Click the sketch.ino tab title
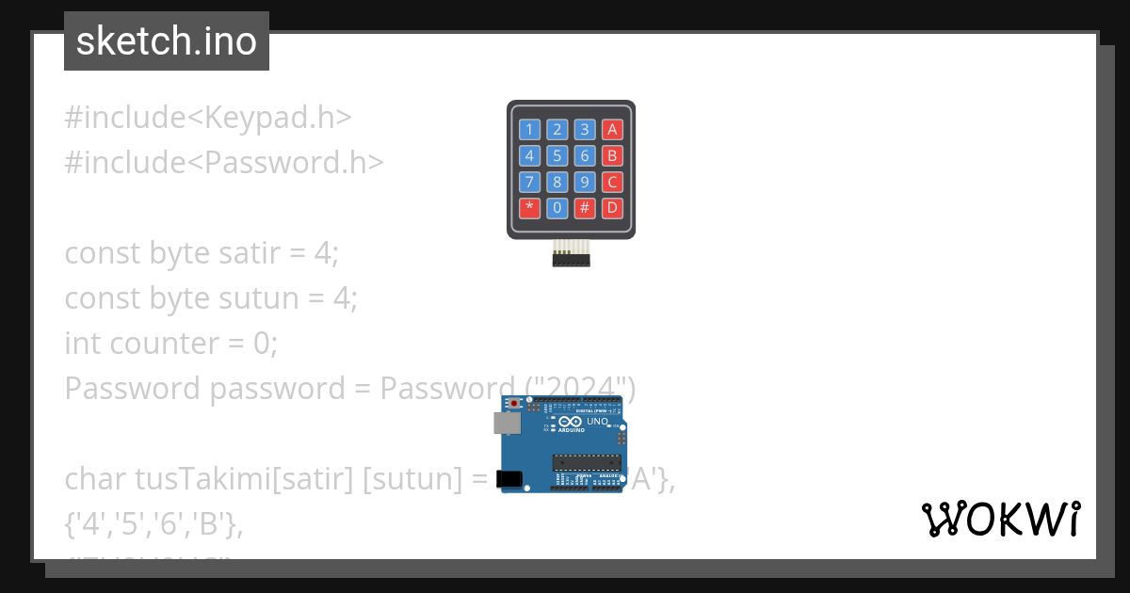pos(166,41)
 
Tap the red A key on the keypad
pos(612,130)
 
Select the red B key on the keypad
pos(612,156)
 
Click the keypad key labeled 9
pos(585,182)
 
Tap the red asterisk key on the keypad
pos(529,207)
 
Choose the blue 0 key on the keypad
pos(557,207)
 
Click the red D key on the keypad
pos(612,207)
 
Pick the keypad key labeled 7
pos(529,182)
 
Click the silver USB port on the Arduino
pos(507,424)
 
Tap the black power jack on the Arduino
pos(508,479)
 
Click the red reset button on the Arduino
pos(514,403)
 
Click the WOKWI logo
pos(1000,519)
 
